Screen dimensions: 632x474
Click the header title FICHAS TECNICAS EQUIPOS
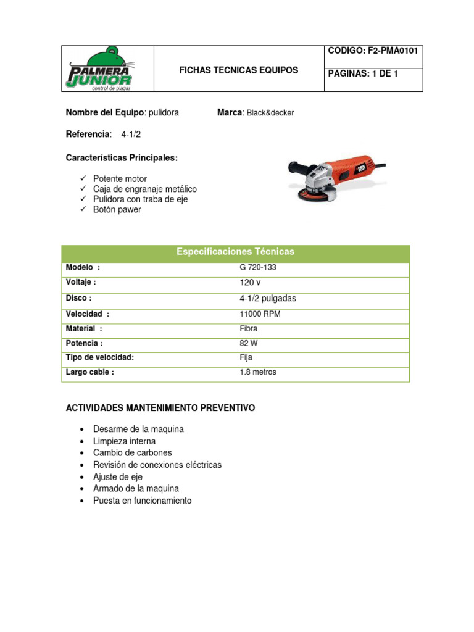[x=238, y=70]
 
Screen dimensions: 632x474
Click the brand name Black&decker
[x=270, y=113]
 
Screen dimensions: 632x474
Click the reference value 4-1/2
[x=131, y=134]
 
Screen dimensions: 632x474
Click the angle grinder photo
[x=336, y=179]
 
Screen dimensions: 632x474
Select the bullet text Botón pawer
[x=117, y=210]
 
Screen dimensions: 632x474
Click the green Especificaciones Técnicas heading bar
[x=235, y=252]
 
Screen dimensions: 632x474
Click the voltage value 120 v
[x=251, y=283]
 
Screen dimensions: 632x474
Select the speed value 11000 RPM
[x=260, y=314]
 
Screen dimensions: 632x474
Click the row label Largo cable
[x=89, y=372]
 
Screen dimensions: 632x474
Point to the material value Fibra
[x=249, y=328]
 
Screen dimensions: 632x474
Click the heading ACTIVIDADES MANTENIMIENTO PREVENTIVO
[x=160, y=409]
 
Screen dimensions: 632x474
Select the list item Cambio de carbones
[x=132, y=453]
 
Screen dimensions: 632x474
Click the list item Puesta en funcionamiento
[x=142, y=501]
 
